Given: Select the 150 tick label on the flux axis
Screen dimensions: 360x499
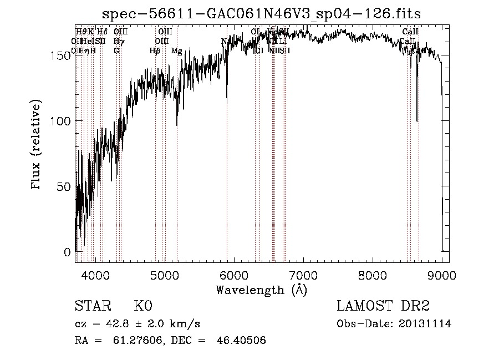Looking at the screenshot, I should pyautogui.click(x=62, y=55).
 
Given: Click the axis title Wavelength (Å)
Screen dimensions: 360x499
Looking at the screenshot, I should pyautogui.click(x=261, y=290).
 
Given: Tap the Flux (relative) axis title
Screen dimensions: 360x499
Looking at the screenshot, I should pyautogui.click(x=37, y=146).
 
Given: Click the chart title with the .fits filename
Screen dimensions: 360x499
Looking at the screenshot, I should pyautogui.click(x=266, y=13).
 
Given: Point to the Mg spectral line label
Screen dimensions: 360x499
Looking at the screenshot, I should pyautogui.click(x=176, y=51).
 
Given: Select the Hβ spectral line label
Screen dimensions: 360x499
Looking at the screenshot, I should pyautogui.click(x=155, y=50).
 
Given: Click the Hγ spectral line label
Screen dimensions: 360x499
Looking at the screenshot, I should pyautogui.click(x=118, y=41).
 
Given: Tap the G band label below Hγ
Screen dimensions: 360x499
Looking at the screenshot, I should pyautogui.click(x=116, y=50).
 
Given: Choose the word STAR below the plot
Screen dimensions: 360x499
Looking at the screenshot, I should pyautogui.click(x=91, y=306).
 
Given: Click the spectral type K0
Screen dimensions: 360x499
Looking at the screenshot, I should pyautogui.click(x=143, y=306).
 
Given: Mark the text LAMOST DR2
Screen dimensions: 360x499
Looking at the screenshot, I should pyautogui.click(x=383, y=306).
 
